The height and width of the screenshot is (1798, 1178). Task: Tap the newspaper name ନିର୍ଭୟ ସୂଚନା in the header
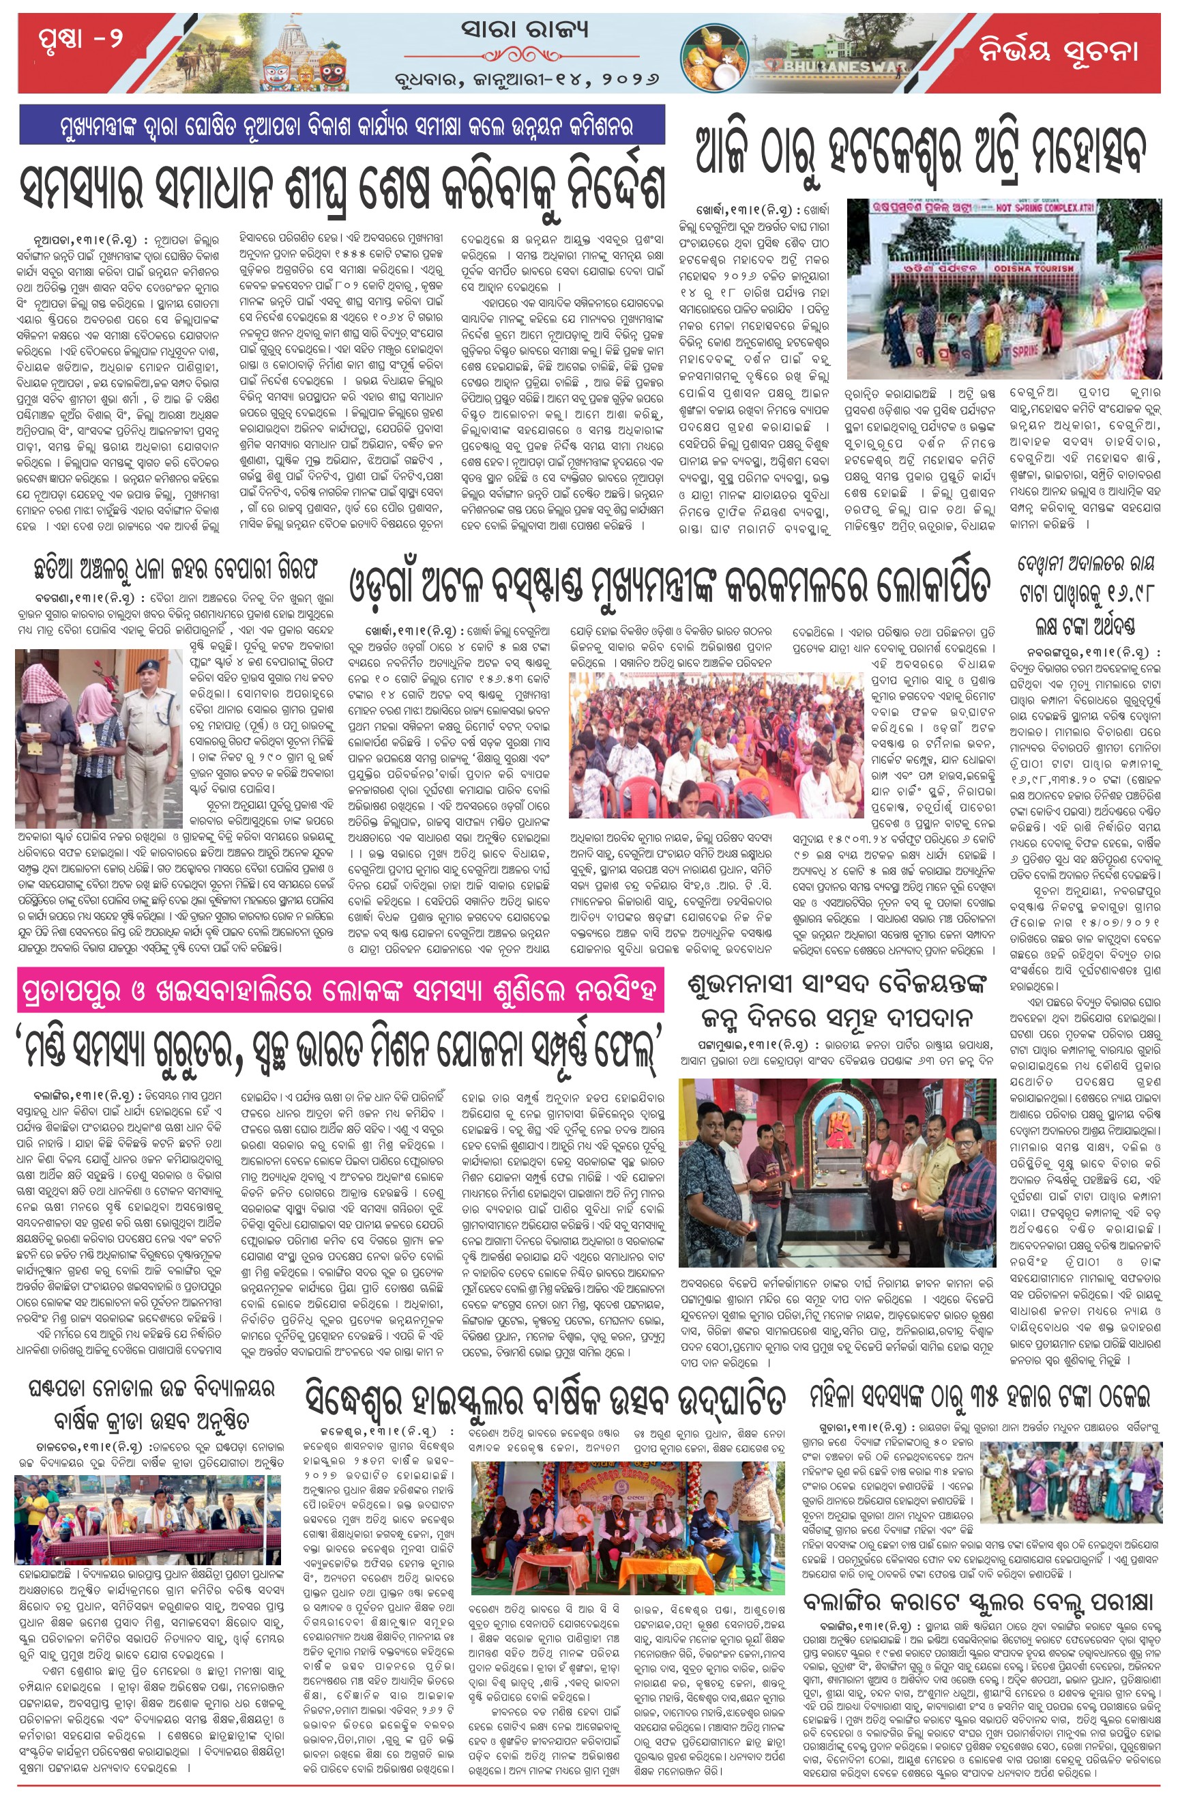[1057, 51]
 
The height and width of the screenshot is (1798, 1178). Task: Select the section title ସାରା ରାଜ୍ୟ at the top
[524, 30]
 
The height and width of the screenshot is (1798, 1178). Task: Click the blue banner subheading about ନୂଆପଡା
[342, 126]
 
